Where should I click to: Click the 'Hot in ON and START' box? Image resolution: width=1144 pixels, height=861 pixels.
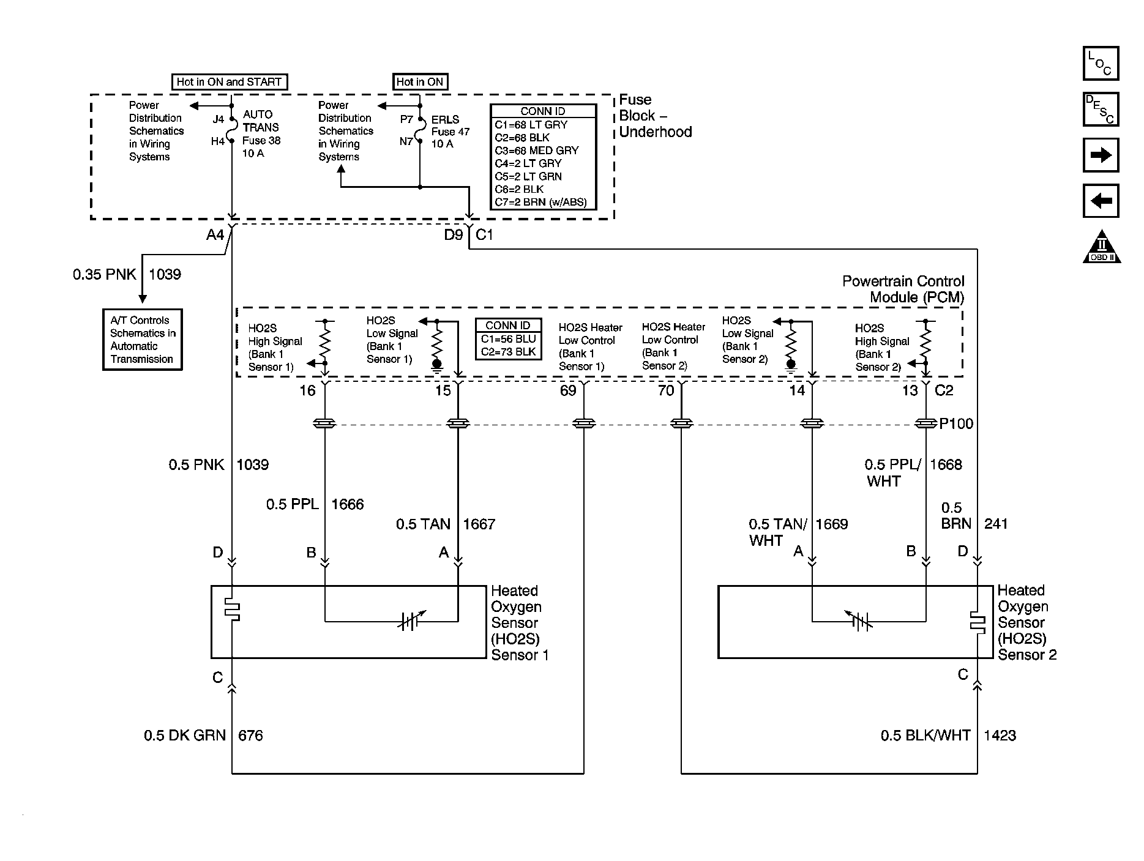click(x=228, y=81)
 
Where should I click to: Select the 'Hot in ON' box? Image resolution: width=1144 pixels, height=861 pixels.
click(x=420, y=81)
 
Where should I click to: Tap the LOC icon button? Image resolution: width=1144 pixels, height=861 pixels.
click(x=1101, y=64)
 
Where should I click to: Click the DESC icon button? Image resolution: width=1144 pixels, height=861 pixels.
click(x=1101, y=110)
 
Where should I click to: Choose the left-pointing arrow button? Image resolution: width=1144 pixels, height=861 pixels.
click(x=1101, y=201)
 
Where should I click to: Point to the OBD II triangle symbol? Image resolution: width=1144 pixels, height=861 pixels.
click(x=1101, y=247)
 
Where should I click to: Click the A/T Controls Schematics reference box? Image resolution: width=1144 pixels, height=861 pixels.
click(x=143, y=340)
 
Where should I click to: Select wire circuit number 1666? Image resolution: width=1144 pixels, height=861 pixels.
click(x=348, y=504)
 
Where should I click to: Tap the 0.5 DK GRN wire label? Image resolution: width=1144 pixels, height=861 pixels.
click(x=185, y=735)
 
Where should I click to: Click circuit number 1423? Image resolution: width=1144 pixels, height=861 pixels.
click(x=1000, y=735)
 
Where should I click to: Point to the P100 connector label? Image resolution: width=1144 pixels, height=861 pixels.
click(x=956, y=423)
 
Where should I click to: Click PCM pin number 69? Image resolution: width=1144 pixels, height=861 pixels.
click(x=568, y=390)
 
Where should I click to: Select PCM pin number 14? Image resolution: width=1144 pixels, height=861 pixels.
click(x=796, y=390)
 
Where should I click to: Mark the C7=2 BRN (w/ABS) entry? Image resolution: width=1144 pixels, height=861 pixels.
click(x=540, y=202)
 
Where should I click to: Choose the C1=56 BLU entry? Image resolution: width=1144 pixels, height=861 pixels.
click(x=508, y=339)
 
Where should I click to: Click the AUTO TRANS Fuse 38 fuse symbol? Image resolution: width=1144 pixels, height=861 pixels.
click(x=232, y=130)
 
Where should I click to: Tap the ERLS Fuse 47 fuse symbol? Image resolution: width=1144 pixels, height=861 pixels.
click(x=420, y=130)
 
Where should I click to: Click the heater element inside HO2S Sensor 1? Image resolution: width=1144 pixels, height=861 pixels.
click(x=232, y=609)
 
